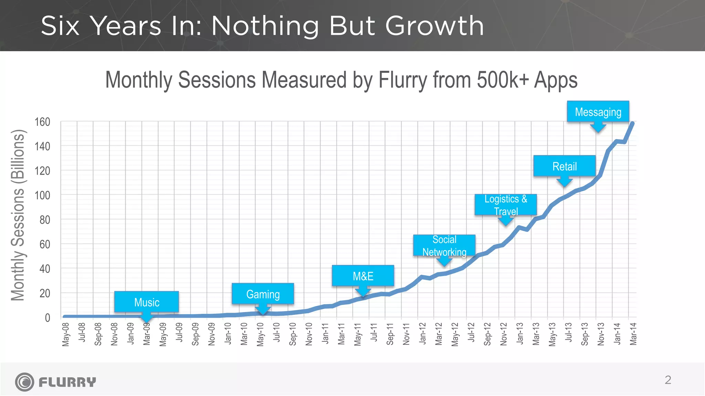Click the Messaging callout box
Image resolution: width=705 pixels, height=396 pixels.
pos(598,112)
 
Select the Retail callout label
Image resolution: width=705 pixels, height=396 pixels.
pos(565,166)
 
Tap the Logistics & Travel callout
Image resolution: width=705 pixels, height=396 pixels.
pos(506,205)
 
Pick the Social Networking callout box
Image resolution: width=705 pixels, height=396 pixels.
pos(444,245)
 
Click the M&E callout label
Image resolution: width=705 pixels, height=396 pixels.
pos(363,276)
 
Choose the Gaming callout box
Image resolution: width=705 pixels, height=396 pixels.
pos(263,294)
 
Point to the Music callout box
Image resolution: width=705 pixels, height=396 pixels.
pos(147,302)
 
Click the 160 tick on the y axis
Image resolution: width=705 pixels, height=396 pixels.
pos(42,122)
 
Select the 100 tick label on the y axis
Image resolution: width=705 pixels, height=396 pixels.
pos(42,195)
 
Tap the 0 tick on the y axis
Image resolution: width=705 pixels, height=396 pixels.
pos(48,318)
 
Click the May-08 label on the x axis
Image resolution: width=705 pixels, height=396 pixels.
pos(66,334)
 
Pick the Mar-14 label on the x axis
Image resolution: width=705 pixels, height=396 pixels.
pos(633,334)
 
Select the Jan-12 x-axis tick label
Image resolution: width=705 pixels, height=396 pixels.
pos(422,334)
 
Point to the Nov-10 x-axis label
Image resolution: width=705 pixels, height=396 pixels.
pos(309,334)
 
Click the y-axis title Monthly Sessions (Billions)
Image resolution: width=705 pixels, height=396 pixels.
pos(18,215)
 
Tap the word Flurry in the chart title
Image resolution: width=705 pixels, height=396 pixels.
pos(404,80)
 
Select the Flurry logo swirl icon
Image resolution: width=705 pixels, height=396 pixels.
pos(24,382)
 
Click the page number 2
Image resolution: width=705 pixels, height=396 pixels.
pos(668,380)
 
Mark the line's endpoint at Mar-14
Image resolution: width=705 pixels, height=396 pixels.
pos(632,123)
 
